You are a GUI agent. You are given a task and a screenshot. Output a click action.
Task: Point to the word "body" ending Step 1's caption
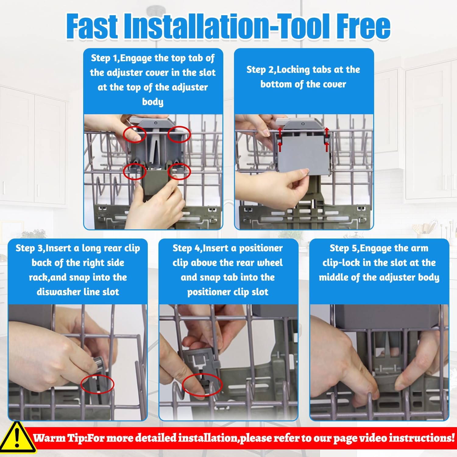pos(153,101)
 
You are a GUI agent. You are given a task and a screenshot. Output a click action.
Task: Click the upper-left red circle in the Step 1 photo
pos(135,134)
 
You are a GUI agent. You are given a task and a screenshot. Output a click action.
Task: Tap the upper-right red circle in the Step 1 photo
pos(179,134)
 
